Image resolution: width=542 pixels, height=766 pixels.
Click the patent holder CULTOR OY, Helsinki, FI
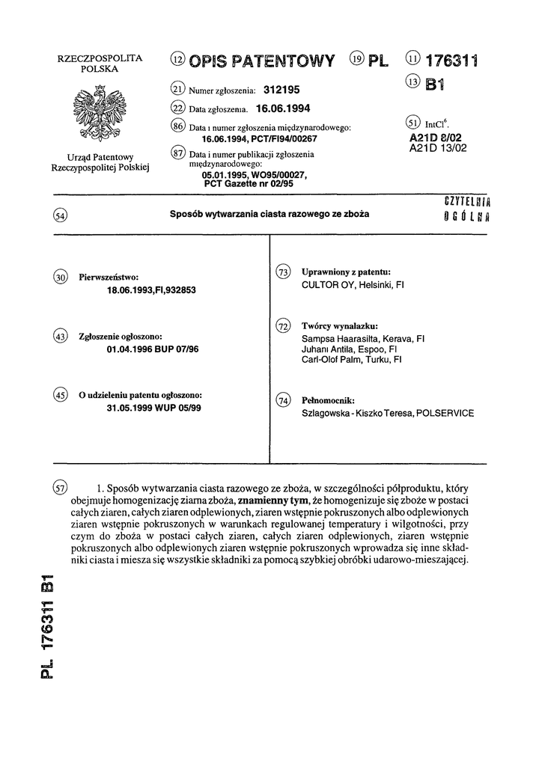(x=352, y=285)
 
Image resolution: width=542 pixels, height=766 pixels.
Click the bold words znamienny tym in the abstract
(x=270, y=500)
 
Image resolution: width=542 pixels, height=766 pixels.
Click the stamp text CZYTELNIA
(x=472, y=200)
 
